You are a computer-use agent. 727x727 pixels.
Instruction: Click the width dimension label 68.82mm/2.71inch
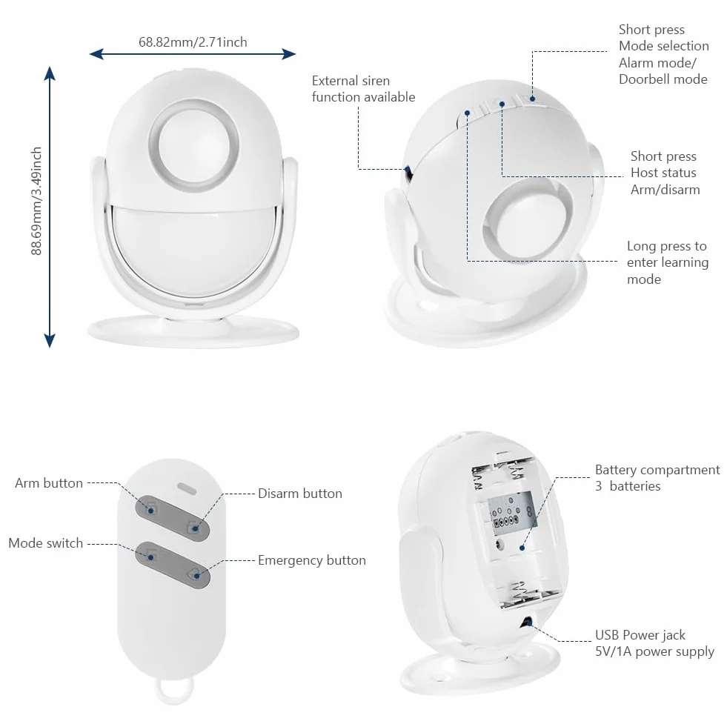(193, 42)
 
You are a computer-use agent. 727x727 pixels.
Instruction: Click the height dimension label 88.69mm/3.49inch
(36, 202)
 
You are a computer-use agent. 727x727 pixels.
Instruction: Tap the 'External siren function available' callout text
(363, 88)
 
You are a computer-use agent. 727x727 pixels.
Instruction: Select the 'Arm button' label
(49, 483)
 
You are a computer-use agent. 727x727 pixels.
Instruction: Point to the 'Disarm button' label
(300, 494)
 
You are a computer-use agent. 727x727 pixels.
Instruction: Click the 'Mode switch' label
(45, 543)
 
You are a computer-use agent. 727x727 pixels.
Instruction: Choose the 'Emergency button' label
(311, 560)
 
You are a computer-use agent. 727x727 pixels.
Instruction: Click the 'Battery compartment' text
(657, 470)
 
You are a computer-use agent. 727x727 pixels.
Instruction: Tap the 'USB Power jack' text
(640, 634)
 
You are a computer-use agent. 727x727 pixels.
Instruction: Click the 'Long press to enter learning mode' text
(668, 262)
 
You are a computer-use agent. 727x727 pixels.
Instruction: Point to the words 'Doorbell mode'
(663, 79)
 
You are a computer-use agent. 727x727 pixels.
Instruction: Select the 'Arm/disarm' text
(665, 190)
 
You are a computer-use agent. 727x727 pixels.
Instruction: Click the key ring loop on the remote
(174, 691)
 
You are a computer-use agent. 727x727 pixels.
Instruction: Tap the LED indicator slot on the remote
(187, 488)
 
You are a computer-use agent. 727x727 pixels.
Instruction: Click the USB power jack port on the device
(526, 623)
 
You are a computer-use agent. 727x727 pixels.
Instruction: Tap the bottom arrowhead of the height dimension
(50, 341)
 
